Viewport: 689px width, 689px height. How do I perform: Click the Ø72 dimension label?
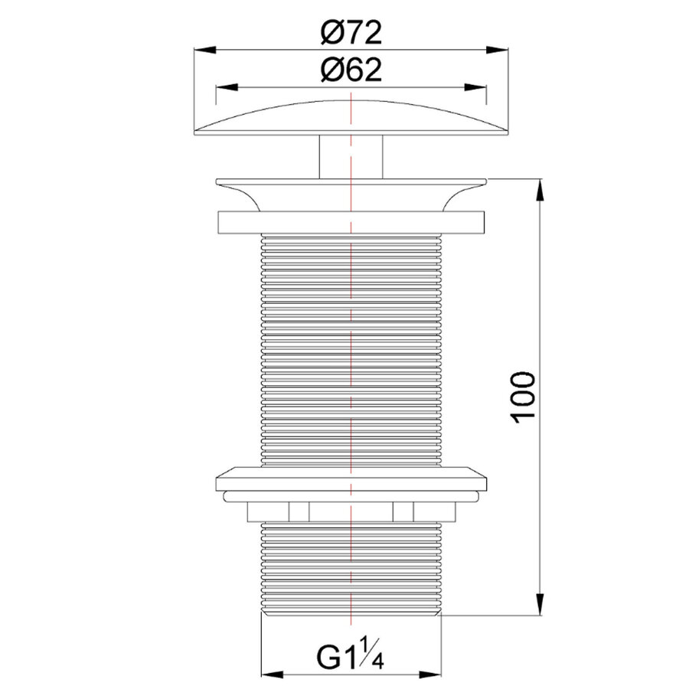coord(351,33)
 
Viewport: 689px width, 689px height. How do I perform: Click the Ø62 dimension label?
coord(351,70)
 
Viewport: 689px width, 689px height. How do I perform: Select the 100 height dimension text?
coord(522,397)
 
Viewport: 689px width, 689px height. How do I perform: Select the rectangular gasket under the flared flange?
coord(351,223)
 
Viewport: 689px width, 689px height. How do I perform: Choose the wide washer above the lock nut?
coord(351,479)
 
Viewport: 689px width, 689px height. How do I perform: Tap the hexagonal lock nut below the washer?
coord(351,511)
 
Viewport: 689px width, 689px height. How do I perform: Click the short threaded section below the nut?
coord(351,567)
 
